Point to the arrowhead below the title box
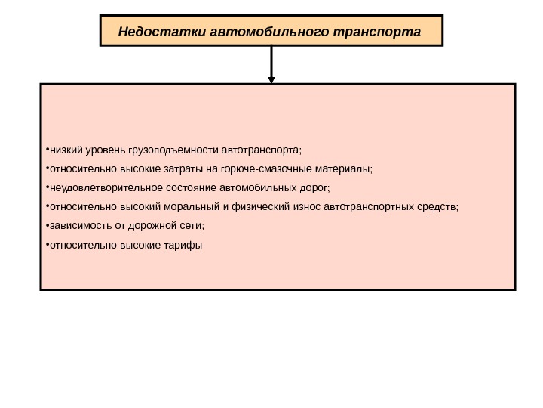(x=271, y=77)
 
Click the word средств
(x=437, y=206)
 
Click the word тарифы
(x=183, y=245)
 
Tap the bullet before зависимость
(x=46, y=225)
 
